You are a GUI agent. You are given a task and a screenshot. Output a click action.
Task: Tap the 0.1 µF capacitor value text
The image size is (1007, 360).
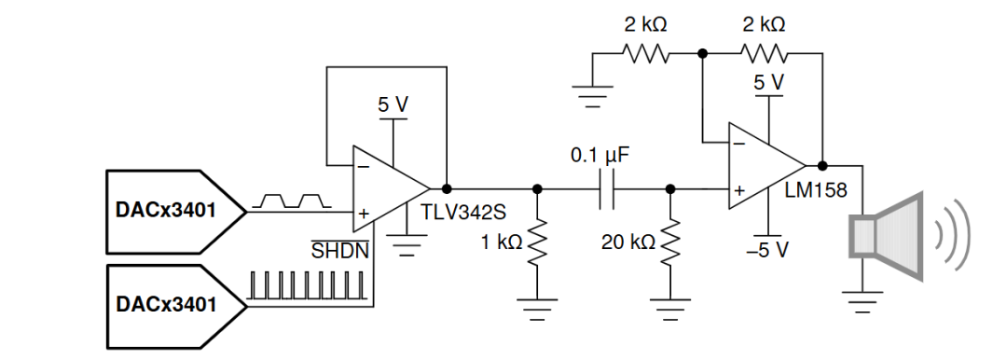point(601,156)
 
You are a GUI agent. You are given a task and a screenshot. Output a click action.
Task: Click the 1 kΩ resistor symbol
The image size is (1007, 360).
point(538,243)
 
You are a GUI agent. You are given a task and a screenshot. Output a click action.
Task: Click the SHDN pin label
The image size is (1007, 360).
point(340,250)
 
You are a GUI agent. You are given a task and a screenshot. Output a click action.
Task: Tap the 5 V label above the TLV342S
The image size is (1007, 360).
point(393,104)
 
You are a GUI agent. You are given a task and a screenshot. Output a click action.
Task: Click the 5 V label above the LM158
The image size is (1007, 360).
point(768,82)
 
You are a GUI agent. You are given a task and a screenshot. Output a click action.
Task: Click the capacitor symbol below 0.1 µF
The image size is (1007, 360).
point(606,189)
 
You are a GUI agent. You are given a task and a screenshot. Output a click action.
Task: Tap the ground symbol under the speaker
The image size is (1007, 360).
point(862,302)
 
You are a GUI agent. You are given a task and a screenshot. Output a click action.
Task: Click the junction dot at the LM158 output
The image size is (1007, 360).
point(822,165)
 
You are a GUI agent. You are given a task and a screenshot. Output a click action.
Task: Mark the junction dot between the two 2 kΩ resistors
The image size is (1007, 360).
point(703,54)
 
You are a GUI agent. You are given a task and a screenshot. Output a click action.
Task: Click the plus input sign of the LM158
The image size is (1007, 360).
point(739,190)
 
